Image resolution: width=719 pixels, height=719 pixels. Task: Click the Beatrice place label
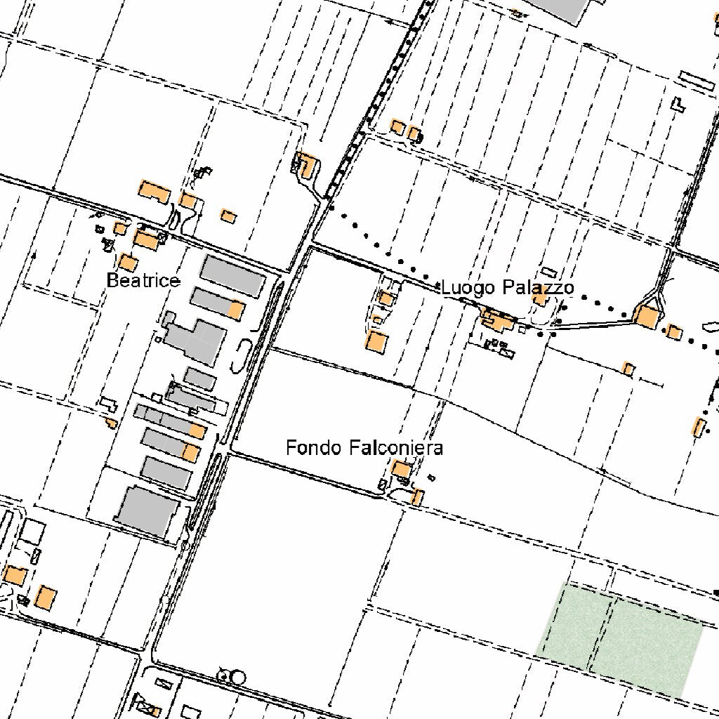click(143, 281)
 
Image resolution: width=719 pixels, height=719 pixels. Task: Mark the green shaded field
click(621, 640)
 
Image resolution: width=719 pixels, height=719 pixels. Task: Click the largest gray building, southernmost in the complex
click(147, 512)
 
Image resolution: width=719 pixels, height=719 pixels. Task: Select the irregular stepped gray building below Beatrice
click(196, 341)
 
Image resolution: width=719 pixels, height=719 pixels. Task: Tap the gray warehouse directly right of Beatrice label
click(233, 275)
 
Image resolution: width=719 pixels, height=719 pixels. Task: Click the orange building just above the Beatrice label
click(127, 263)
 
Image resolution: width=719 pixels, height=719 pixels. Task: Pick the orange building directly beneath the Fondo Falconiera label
click(401, 468)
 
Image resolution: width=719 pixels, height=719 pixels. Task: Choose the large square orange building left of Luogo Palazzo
click(377, 343)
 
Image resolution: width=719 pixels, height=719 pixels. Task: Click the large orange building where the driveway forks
click(647, 317)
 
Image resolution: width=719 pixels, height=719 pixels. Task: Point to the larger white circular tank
click(239, 677)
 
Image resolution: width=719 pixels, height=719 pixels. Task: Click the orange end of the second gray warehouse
click(237, 310)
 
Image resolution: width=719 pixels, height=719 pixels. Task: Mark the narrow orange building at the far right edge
click(699, 426)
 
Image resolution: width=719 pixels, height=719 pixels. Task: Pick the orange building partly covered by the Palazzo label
click(540, 298)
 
